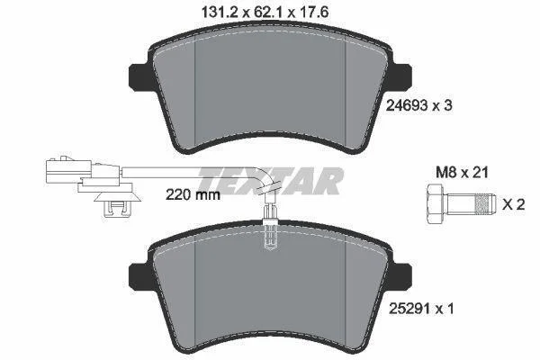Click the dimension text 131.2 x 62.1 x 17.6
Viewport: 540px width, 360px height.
[265, 12]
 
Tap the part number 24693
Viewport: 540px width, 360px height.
[407, 105]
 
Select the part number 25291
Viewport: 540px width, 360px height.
[409, 309]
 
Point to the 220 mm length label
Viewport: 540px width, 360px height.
[193, 195]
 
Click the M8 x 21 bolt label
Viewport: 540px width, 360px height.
[462, 172]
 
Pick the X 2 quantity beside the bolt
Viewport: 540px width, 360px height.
[514, 204]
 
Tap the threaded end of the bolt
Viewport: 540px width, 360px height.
[485, 204]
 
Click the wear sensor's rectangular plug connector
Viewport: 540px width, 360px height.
[68, 170]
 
